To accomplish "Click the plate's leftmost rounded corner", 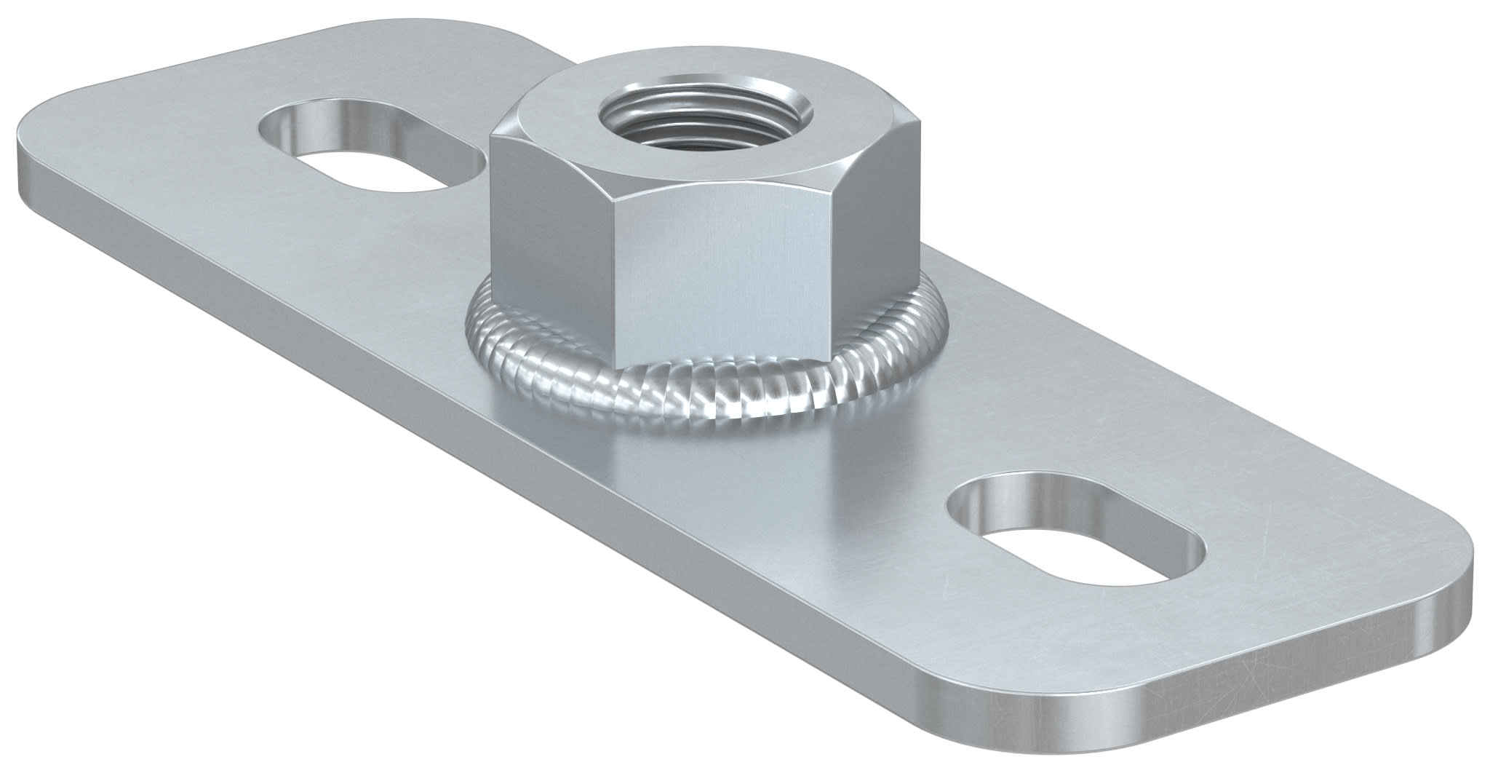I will [x=29, y=138].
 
